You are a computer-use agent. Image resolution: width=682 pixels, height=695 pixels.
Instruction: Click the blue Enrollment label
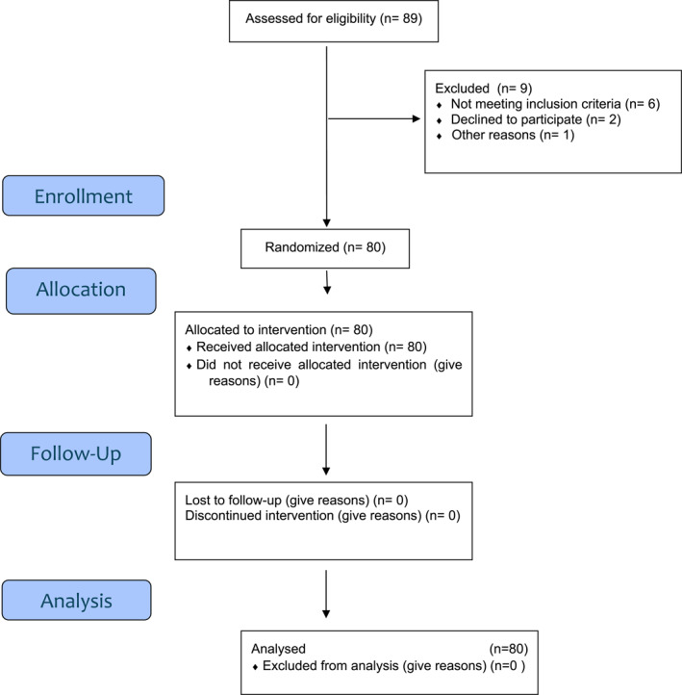(84, 195)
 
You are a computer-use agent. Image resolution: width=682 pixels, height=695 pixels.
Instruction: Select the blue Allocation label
(81, 291)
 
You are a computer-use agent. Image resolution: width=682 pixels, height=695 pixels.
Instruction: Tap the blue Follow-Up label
(76, 454)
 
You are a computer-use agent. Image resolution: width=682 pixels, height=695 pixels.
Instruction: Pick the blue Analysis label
(76, 600)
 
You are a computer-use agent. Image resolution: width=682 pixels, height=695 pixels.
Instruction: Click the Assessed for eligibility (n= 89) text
(334, 18)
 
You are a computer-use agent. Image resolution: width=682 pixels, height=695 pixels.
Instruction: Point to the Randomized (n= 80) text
(325, 246)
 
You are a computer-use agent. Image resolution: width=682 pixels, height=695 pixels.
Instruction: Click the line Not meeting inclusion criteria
(555, 104)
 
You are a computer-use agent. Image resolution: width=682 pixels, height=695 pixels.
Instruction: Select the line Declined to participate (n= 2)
(536, 119)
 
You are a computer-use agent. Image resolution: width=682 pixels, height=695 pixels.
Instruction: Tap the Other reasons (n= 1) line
(513, 135)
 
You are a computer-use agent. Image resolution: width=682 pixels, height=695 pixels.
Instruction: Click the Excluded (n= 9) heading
(484, 89)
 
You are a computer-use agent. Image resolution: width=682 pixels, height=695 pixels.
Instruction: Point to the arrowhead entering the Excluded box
(416, 118)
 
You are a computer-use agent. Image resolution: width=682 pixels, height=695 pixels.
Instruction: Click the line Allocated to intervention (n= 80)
(279, 330)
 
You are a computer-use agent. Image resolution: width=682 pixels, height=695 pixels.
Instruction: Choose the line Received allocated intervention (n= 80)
(312, 347)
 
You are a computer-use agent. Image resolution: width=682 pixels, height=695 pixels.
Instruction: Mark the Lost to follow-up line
(296, 500)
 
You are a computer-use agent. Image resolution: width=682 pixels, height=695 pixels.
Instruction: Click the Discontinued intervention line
(322, 516)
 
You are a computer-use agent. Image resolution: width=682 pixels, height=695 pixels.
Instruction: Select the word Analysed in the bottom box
(278, 649)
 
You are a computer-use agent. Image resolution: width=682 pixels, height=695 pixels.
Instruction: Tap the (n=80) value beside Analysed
(509, 649)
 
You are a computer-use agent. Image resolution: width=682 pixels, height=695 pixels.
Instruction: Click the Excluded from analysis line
(393, 665)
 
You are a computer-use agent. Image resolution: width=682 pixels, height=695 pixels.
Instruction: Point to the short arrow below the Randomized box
(327, 282)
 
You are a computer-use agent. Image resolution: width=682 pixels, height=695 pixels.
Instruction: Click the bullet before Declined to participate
(439, 120)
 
